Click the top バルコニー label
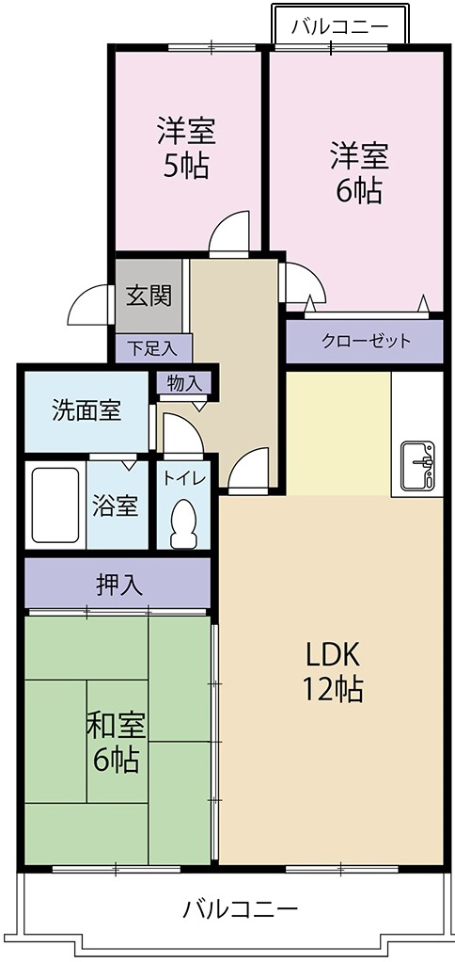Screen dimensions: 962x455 pos(339,25)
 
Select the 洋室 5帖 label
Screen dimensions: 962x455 pos(185,149)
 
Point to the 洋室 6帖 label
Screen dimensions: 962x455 pos(358,173)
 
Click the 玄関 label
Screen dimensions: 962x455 pos(149,296)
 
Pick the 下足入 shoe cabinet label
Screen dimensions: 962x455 pos(152,347)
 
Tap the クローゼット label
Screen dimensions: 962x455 pos(366,341)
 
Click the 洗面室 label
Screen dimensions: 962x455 pos(86,410)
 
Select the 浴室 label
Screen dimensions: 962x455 pos(116,505)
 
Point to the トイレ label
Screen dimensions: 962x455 pos(184,477)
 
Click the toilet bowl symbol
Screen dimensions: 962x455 pos(184,522)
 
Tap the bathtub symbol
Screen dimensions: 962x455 pos(55,505)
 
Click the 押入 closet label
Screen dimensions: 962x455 pos(119,584)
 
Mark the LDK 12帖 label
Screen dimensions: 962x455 pos(332,671)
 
